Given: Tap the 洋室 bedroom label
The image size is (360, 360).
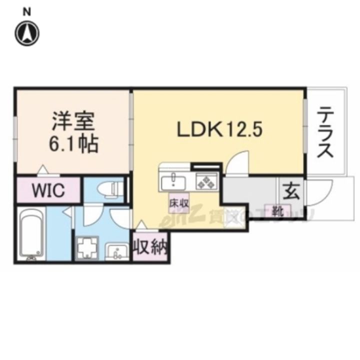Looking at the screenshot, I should [73, 122].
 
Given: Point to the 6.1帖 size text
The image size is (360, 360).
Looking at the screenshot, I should [73, 145].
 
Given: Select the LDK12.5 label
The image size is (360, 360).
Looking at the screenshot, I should [218, 130].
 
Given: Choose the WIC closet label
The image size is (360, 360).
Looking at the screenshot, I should [48, 191].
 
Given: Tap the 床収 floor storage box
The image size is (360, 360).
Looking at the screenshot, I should [176, 203].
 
